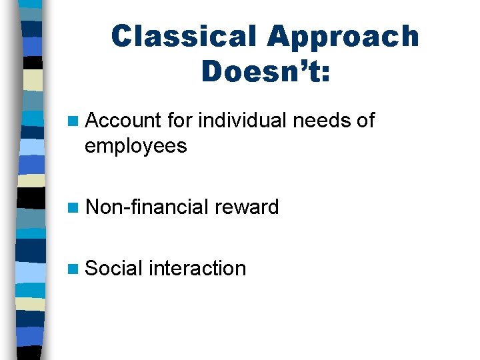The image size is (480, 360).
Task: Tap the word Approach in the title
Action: point(343,37)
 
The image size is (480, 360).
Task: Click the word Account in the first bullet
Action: point(124,121)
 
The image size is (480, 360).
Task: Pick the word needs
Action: point(318,121)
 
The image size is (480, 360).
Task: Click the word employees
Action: point(136,146)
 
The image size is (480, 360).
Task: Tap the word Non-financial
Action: point(148,207)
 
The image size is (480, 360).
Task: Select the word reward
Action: point(247,207)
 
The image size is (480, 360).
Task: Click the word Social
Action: point(115,269)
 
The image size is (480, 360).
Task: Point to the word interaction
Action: point(197,269)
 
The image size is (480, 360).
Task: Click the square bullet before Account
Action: point(74,122)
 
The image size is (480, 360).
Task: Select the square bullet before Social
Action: point(74,269)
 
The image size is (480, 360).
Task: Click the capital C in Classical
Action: point(123,37)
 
